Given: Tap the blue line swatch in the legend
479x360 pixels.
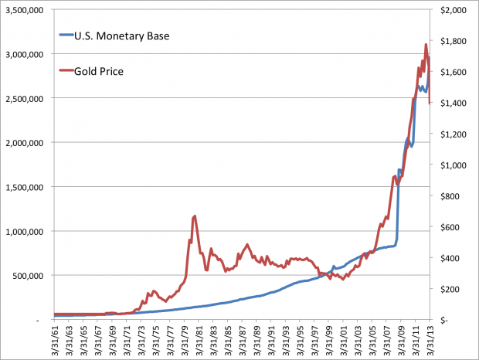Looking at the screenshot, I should (66, 35).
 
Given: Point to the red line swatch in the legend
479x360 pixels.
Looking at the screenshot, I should (66, 71).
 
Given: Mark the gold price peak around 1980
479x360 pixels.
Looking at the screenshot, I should (195, 216).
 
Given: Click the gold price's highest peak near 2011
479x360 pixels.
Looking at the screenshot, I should (426, 44).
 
